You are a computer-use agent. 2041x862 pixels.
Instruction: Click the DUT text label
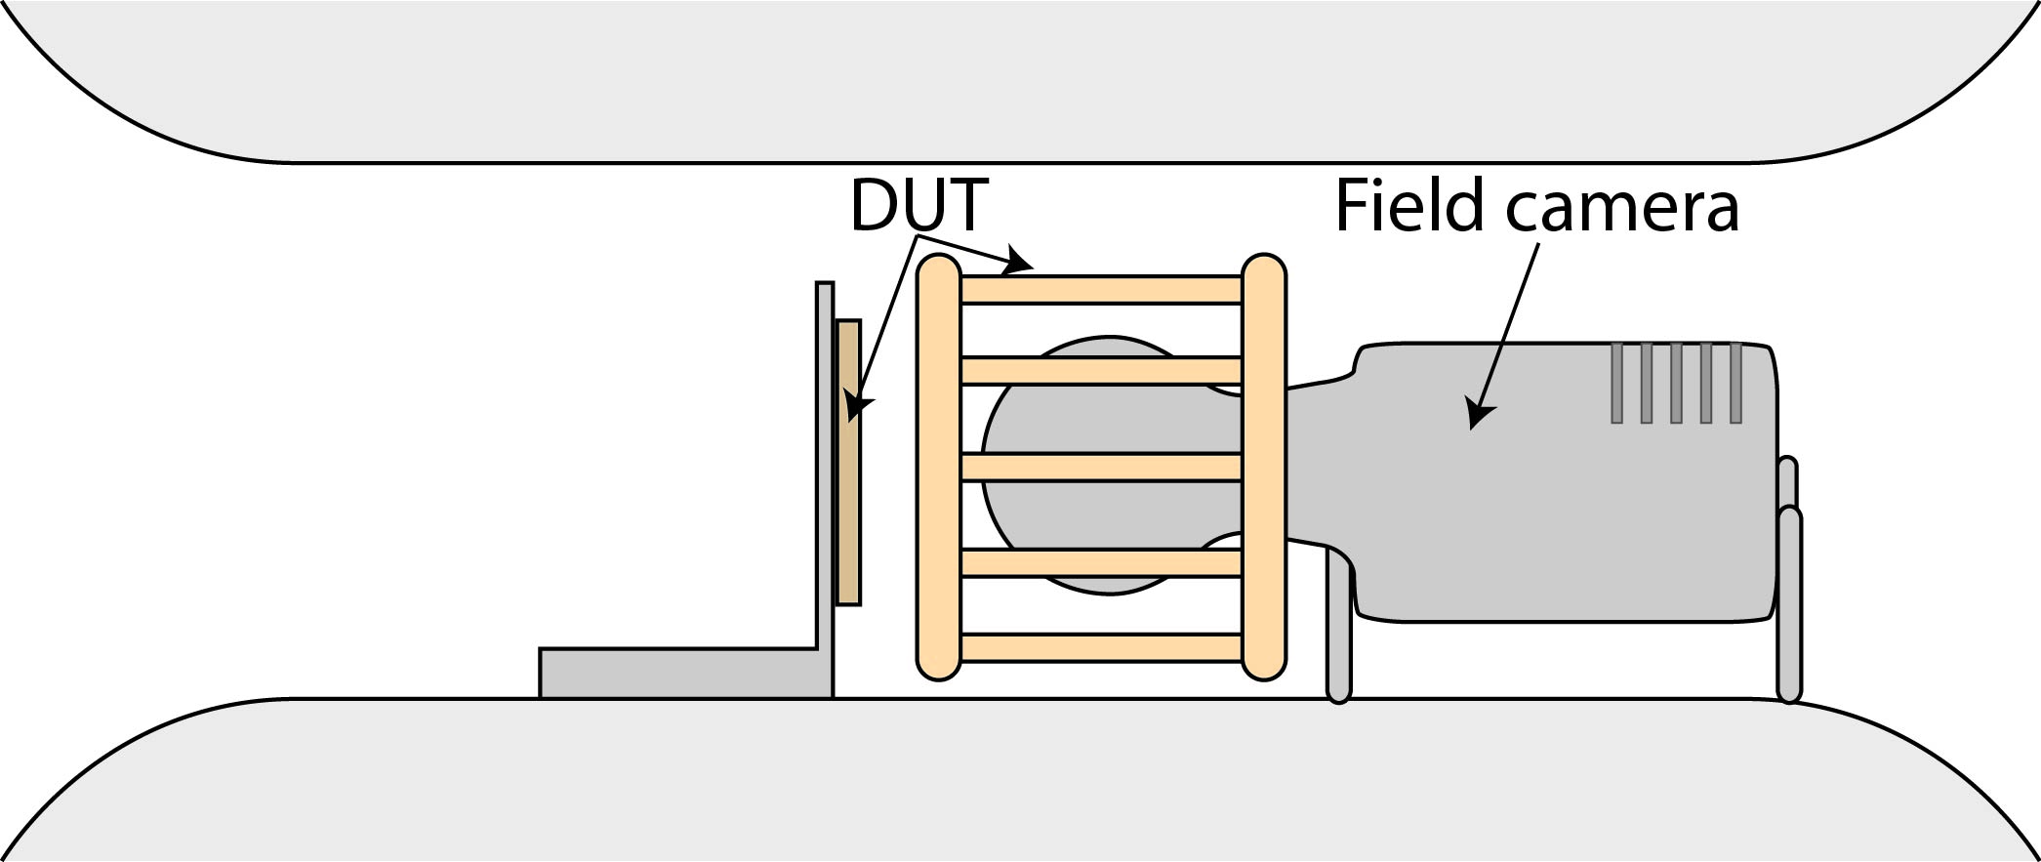coord(918,205)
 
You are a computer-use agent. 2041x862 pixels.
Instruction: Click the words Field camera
coord(1535,207)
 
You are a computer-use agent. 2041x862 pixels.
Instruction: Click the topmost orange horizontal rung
coord(1101,290)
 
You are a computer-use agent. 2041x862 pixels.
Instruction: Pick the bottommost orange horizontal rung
coord(1101,647)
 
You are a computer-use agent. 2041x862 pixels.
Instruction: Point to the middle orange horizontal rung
coord(1101,467)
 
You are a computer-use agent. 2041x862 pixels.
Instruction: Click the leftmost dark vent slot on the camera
coord(1616,383)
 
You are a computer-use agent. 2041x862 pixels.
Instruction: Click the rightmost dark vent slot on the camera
coord(1735,383)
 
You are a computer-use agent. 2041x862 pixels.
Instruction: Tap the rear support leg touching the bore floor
coord(1788,605)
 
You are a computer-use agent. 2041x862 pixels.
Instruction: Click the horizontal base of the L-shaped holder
coord(683,674)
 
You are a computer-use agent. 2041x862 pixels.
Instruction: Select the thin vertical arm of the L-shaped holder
coord(825,469)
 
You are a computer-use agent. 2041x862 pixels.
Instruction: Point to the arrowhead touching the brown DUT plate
coord(856,405)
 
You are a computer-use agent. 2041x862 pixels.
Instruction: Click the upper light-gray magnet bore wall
coord(1020,78)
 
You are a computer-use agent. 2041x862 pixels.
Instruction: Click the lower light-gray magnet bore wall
coord(1020,781)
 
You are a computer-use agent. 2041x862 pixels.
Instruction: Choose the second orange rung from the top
coord(1101,371)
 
